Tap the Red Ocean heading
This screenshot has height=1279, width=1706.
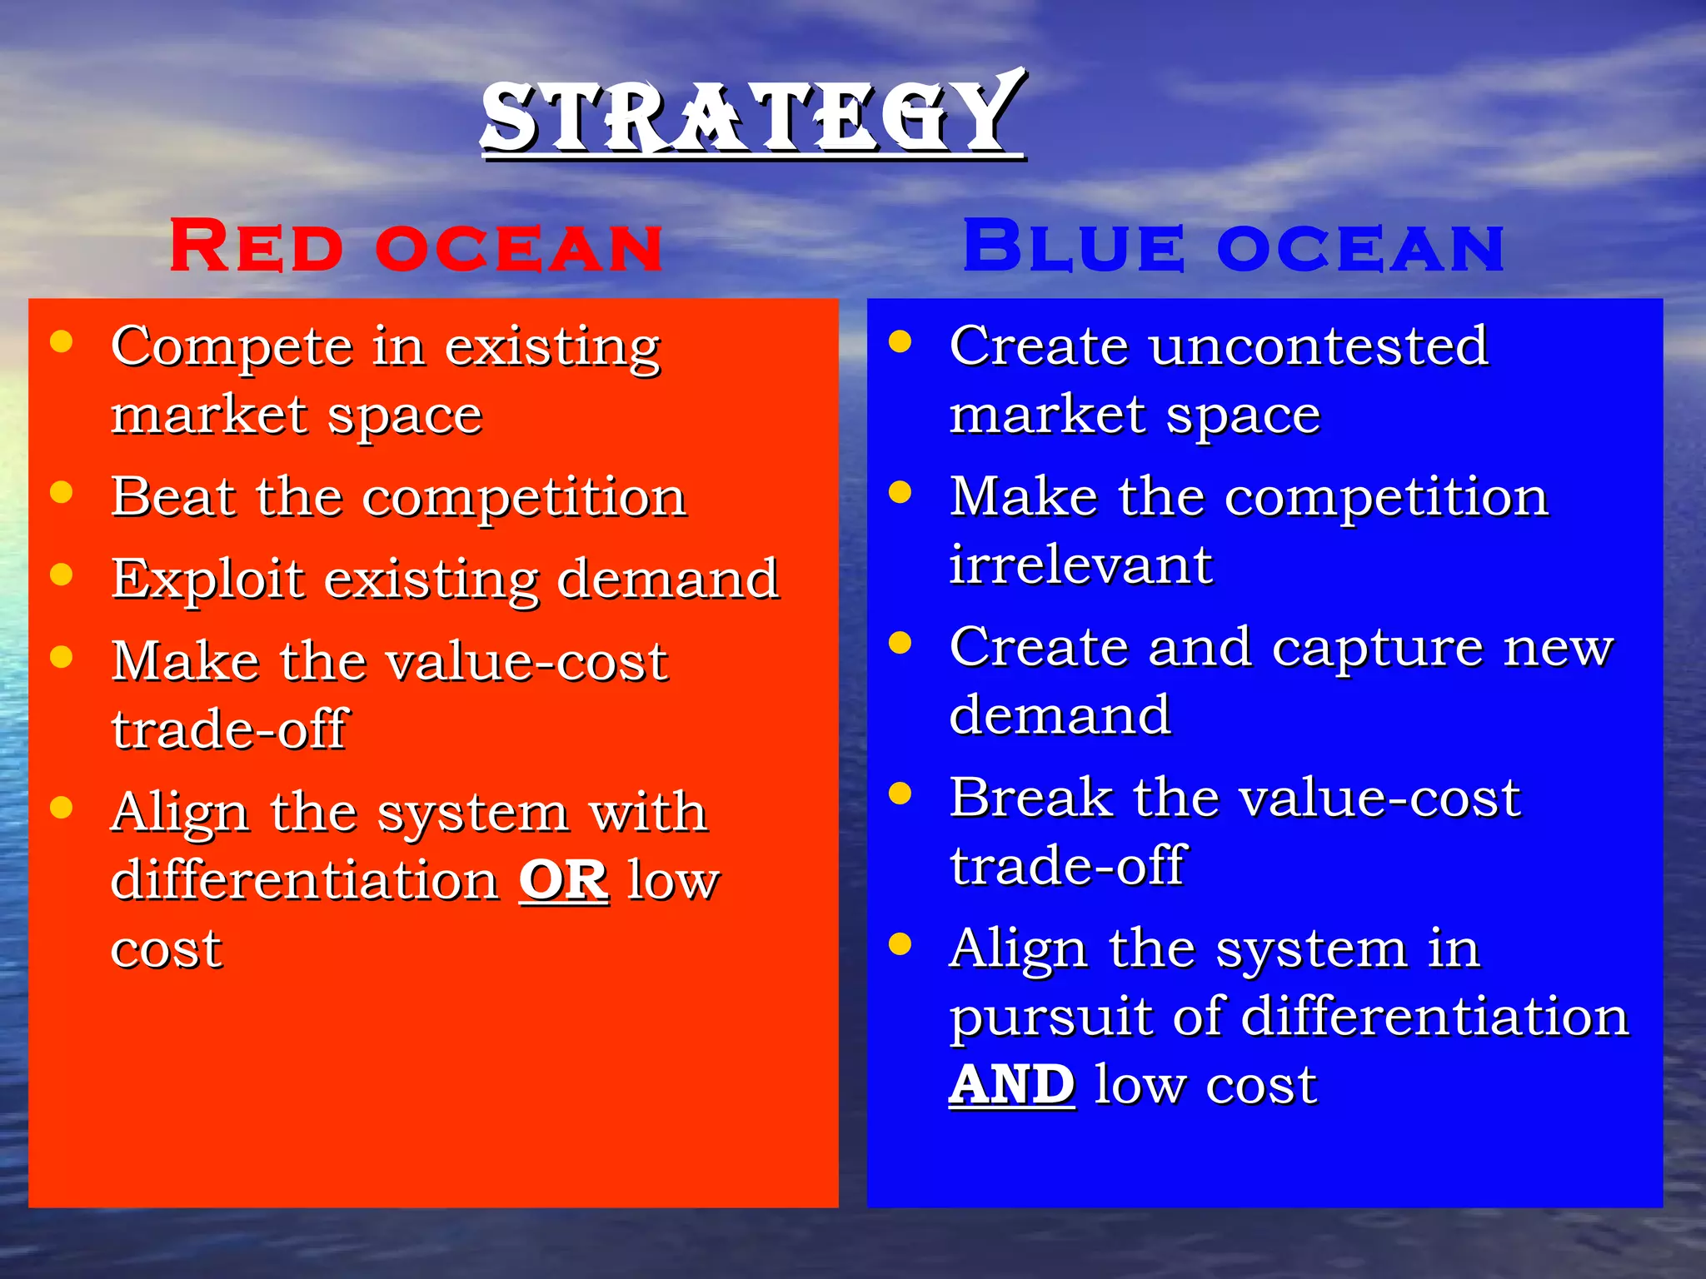(x=416, y=246)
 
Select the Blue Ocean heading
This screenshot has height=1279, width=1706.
(x=1234, y=246)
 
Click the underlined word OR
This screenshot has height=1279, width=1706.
(x=563, y=880)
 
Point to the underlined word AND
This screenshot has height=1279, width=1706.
(x=1011, y=1084)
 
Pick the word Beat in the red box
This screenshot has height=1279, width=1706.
(x=173, y=497)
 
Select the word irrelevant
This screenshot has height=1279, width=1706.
(x=1080, y=565)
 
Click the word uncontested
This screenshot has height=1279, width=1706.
(x=1318, y=346)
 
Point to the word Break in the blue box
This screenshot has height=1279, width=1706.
(x=1031, y=798)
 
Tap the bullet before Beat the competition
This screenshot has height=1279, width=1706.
(x=61, y=492)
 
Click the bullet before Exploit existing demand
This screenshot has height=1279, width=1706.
(x=61, y=575)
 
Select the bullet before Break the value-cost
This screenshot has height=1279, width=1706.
(x=900, y=793)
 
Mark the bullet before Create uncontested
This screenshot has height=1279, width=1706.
(x=900, y=341)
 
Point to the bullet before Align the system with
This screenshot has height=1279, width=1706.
(x=61, y=808)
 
